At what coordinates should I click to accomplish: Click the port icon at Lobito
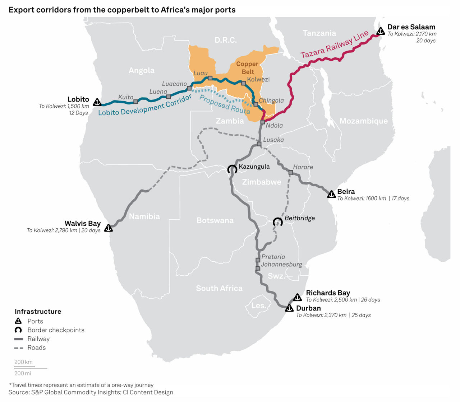click(97, 102)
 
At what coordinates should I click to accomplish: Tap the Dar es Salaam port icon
click(381, 32)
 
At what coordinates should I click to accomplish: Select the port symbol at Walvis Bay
click(108, 228)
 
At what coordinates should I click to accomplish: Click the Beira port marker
click(331, 195)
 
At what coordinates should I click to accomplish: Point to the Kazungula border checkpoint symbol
click(232, 169)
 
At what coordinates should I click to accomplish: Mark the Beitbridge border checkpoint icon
click(277, 222)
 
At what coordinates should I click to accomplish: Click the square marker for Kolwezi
click(243, 83)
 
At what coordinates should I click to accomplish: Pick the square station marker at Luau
click(210, 78)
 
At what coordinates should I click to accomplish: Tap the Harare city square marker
click(291, 173)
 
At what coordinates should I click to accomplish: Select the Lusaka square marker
click(259, 144)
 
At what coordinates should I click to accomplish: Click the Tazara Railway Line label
click(335, 45)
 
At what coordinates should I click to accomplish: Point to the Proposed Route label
click(225, 104)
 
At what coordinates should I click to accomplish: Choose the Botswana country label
click(215, 220)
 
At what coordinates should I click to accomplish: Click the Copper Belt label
click(247, 68)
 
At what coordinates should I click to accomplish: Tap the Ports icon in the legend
click(18, 321)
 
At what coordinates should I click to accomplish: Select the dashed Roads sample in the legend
click(19, 348)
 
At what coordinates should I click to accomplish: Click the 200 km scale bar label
click(23, 362)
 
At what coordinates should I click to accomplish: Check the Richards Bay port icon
click(298, 297)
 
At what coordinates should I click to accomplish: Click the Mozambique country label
click(363, 121)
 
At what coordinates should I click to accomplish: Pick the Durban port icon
click(289, 308)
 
